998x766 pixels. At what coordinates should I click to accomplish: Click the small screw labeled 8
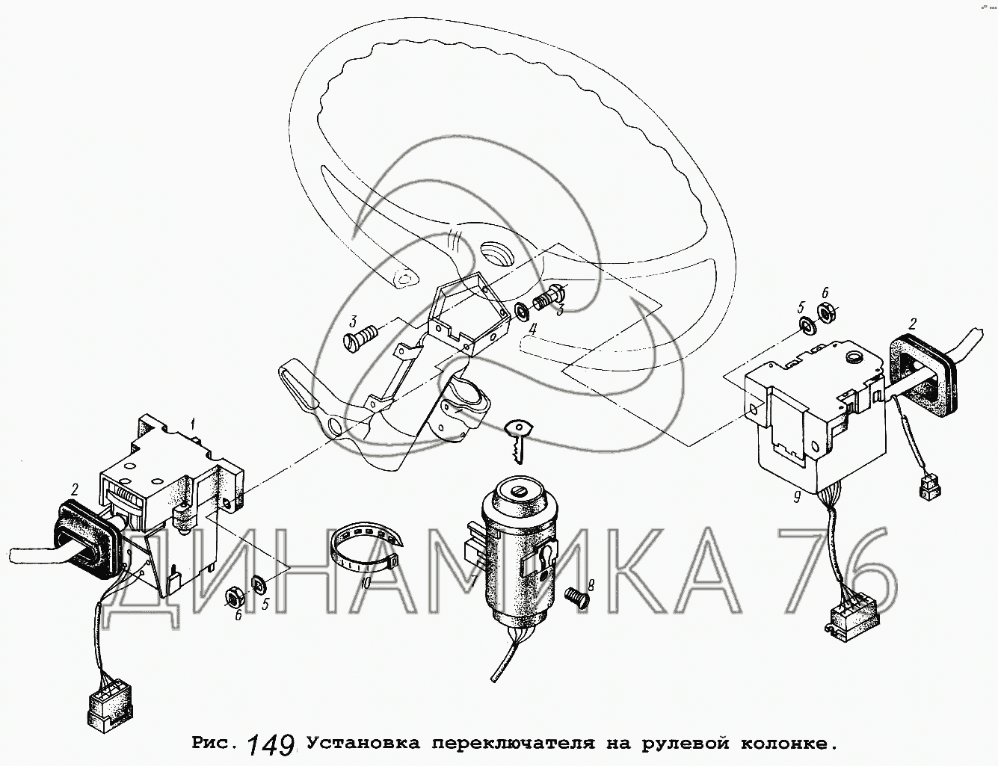(576, 598)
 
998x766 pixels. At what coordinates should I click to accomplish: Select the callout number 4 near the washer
(532, 330)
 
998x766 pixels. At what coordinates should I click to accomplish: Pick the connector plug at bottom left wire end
(110, 711)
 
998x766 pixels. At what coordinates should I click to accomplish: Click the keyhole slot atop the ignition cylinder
(519, 492)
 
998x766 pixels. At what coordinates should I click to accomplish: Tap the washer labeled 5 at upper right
(806, 324)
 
